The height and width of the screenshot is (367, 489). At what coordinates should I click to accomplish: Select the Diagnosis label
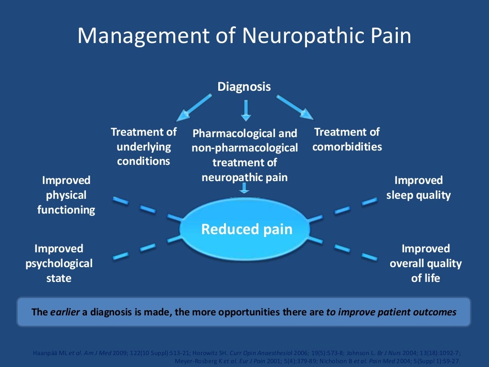(x=244, y=86)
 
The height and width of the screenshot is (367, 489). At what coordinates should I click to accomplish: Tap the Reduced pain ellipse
(x=246, y=229)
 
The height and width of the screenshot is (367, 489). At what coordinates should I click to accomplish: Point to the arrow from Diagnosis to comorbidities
(x=295, y=107)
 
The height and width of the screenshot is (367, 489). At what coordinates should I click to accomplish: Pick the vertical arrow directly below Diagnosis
(x=245, y=110)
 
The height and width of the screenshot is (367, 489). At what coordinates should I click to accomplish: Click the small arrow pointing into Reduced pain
(x=244, y=188)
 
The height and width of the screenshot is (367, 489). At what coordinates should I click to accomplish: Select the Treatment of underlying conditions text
(x=143, y=146)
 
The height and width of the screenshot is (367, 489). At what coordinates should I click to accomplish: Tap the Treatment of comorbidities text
(x=347, y=139)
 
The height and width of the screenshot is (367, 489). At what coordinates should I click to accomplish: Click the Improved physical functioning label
(x=66, y=195)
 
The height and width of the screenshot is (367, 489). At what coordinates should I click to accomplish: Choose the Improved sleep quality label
(x=418, y=188)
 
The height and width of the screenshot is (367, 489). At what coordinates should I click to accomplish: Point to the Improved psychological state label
(x=59, y=263)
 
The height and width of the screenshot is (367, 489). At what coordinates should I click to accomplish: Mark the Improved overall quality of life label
(x=425, y=263)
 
